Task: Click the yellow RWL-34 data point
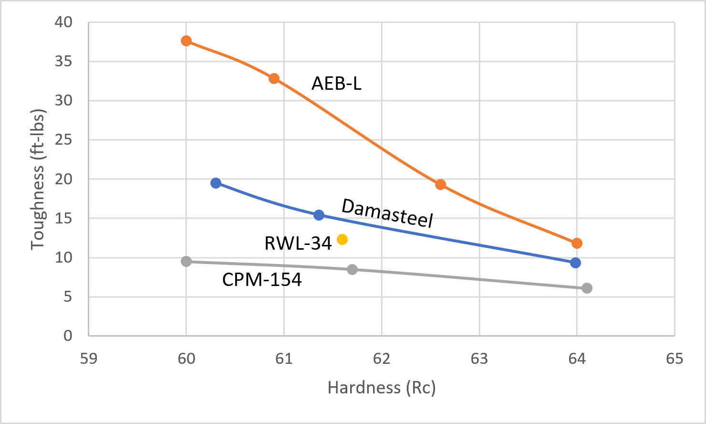click(342, 239)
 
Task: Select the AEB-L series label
click(336, 84)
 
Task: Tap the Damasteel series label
click(387, 213)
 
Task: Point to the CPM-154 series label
click(262, 279)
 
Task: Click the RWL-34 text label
click(298, 244)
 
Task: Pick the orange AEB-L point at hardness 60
click(186, 41)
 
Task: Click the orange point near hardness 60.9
click(274, 78)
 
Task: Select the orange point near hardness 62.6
click(440, 185)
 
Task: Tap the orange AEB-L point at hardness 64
click(577, 244)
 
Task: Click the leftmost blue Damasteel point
click(216, 183)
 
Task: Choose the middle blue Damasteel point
click(319, 215)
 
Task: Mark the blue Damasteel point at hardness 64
click(575, 263)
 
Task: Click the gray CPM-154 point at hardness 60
click(186, 261)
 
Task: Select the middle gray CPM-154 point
click(352, 269)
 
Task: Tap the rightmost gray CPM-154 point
click(587, 288)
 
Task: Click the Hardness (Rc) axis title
click(382, 388)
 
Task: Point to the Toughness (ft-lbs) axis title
click(38, 179)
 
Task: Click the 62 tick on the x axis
click(382, 359)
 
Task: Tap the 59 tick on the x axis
click(88, 359)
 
